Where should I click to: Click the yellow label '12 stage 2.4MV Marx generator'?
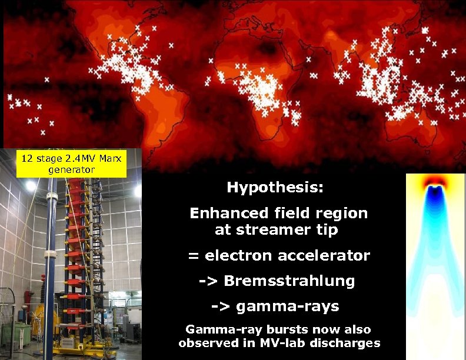(x=71, y=164)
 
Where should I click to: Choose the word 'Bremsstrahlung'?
(x=289, y=281)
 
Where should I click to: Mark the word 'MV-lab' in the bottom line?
(x=286, y=343)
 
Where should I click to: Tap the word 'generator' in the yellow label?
(x=71, y=169)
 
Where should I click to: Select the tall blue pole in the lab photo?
(x=51, y=265)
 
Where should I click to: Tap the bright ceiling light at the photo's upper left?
(x=31, y=186)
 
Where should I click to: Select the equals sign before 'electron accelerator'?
(x=194, y=256)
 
